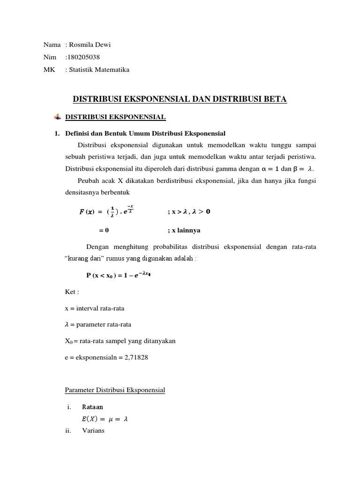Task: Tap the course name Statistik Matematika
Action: pyautogui.click(x=99, y=70)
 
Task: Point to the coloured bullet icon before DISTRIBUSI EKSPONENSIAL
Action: pyautogui.click(x=58, y=116)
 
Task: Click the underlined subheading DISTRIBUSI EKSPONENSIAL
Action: pyautogui.click(x=115, y=116)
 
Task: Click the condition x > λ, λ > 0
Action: pyautogui.click(x=189, y=211)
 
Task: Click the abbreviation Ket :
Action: pyautogui.click(x=72, y=292)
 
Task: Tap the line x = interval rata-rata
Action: pyautogui.click(x=94, y=308)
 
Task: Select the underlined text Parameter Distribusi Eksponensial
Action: pyautogui.click(x=115, y=390)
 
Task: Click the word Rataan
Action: pyautogui.click(x=93, y=407)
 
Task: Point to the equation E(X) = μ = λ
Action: pyautogui.click(x=105, y=419)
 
